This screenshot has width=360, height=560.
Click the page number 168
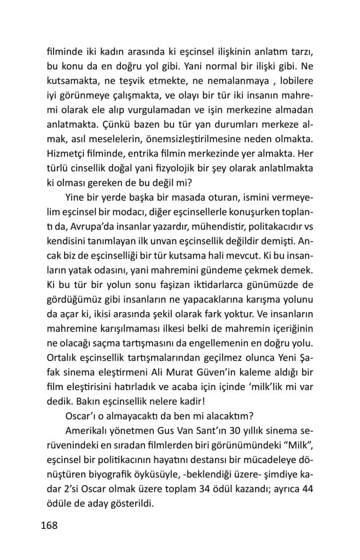point(50,526)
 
